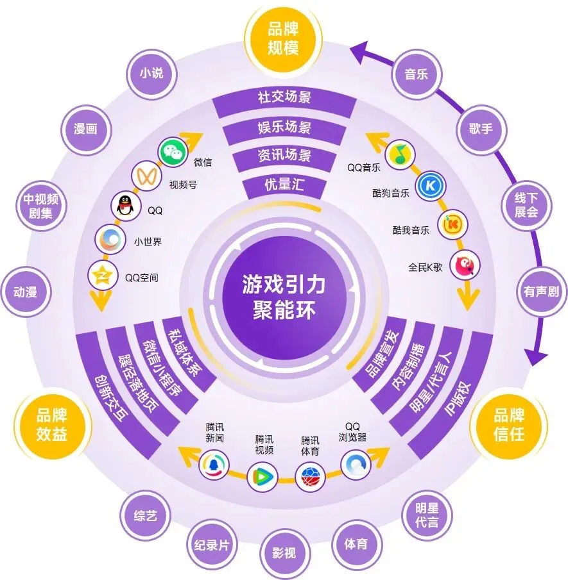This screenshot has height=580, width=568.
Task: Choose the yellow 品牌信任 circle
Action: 510,424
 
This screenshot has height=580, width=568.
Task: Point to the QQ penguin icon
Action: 124,206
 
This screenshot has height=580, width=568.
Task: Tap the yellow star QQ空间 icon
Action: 101,276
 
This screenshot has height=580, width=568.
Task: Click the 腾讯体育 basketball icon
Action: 309,476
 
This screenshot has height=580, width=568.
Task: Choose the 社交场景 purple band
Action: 284,98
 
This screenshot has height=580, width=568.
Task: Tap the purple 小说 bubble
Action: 151,73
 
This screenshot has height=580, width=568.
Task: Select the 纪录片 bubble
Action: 212,546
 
